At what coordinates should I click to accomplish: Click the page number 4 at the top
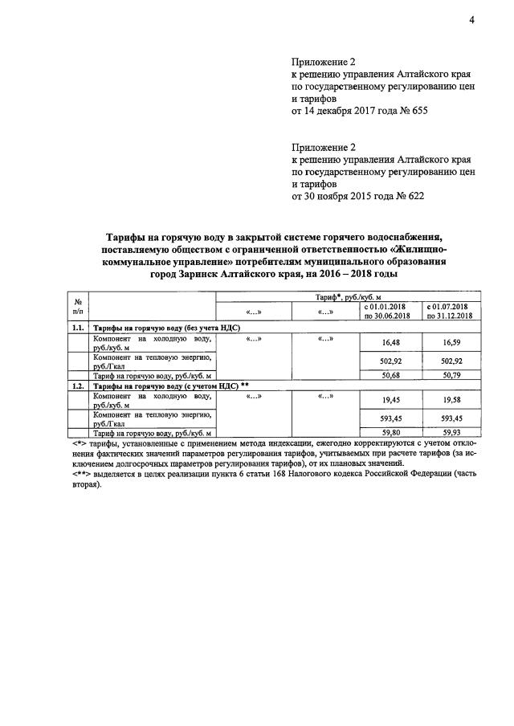pos(472,21)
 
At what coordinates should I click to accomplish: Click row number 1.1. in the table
pos(79,328)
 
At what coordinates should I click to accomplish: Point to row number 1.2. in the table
pos(79,385)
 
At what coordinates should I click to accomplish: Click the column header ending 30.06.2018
pos(391,312)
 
